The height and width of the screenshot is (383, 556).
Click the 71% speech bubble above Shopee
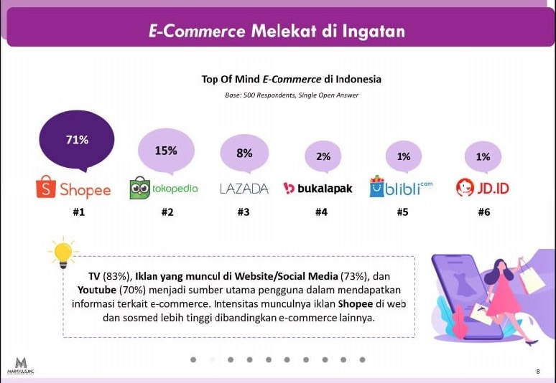(x=77, y=140)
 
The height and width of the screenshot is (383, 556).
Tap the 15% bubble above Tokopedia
(x=166, y=151)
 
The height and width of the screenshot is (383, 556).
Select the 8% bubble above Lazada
(x=244, y=153)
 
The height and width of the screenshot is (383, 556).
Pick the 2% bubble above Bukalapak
(x=323, y=156)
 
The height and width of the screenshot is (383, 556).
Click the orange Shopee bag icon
(x=46, y=186)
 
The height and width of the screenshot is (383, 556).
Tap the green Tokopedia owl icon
(x=139, y=188)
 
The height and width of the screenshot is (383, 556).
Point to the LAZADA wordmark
(x=244, y=189)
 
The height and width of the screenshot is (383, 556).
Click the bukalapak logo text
(x=325, y=189)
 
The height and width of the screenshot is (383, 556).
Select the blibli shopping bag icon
(x=376, y=186)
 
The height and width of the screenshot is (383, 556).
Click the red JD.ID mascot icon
(x=465, y=187)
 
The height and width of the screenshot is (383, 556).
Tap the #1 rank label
(x=79, y=212)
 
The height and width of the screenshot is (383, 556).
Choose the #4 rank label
(x=321, y=212)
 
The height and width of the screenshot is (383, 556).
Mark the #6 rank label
(x=484, y=212)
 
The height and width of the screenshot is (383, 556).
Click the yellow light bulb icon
(x=63, y=253)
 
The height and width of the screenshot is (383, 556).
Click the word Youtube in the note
(x=97, y=290)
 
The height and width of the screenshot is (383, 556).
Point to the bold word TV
(x=94, y=276)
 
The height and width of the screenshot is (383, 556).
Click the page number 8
(x=538, y=372)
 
